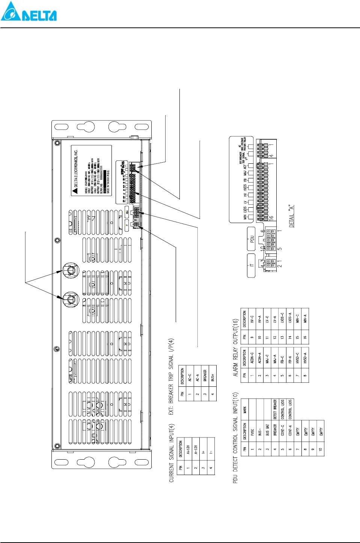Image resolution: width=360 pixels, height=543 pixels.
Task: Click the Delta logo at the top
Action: pos(29,12)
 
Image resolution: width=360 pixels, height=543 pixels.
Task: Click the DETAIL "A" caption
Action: pos(292,216)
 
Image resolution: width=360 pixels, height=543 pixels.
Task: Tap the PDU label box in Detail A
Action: pos(252,239)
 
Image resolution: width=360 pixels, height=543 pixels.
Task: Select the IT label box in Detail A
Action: pos(252,265)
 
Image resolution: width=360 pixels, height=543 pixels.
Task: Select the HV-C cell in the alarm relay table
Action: pos(252,319)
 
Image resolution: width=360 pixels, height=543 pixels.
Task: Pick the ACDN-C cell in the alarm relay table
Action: pos(252,358)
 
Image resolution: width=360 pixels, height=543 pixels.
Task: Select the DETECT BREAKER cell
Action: pos(275,409)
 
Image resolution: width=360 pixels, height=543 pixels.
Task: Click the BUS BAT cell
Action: pos(267,430)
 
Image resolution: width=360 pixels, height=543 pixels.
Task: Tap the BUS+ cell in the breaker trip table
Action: pos(212,377)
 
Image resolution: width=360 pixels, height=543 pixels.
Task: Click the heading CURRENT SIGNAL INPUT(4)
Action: pos(172,453)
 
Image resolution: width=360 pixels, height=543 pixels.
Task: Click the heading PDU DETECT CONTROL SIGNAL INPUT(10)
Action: pos(235,437)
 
